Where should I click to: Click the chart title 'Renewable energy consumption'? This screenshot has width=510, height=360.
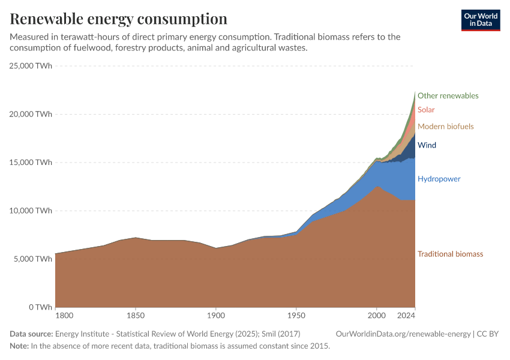tap(119, 19)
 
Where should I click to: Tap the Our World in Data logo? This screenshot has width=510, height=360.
tap(480, 20)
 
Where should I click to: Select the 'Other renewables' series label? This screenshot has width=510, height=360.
tap(448, 95)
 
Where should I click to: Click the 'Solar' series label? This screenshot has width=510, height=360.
tap(426, 110)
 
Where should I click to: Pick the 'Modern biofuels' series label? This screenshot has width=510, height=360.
tap(445, 127)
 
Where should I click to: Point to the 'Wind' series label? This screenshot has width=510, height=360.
tap(427, 145)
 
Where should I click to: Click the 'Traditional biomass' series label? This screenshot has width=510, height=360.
tap(450, 254)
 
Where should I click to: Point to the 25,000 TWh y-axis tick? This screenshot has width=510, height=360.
tap(31, 66)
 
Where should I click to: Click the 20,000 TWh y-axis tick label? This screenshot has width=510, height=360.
tap(31, 114)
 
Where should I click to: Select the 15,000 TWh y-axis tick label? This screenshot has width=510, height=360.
tap(31, 163)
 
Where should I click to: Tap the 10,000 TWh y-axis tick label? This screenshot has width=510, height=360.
tap(31, 211)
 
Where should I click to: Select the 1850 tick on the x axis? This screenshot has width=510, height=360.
tap(136, 316)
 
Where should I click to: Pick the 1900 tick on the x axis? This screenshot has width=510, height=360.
tap(216, 316)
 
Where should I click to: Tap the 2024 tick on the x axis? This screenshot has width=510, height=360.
tap(406, 316)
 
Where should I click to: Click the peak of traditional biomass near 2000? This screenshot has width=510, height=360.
tap(376, 186)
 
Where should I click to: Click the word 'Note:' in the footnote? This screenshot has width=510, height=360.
tap(19, 346)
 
